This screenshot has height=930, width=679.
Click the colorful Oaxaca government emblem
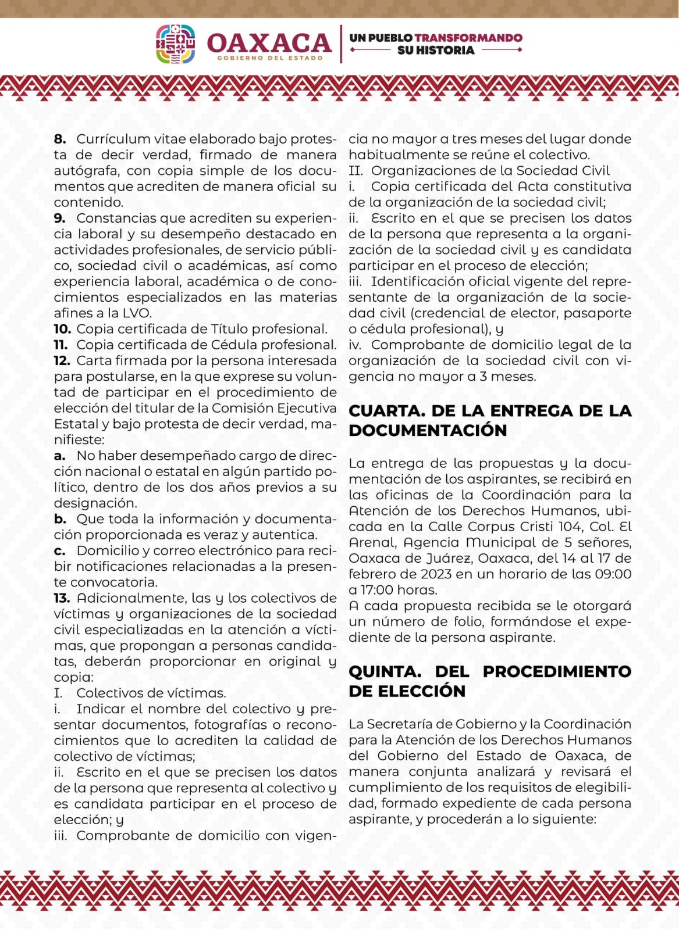click(175, 44)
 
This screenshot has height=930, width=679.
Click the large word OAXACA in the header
click(269, 42)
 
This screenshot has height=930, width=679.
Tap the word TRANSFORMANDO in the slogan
click(468, 38)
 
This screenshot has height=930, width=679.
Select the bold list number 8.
click(60, 139)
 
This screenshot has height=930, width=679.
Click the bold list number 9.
click(60, 219)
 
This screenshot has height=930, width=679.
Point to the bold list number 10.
click(62, 329)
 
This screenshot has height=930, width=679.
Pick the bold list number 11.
click(61, 345)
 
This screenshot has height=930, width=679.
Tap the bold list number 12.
click(62, 361)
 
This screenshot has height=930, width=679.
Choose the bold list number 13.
click(62, 598)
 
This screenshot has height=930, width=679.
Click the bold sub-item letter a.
click(59, 456)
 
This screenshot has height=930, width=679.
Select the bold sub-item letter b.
click(60, 519)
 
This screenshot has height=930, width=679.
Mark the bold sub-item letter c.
click(59, 551)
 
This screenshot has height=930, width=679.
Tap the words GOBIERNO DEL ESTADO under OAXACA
click(269, 58)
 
